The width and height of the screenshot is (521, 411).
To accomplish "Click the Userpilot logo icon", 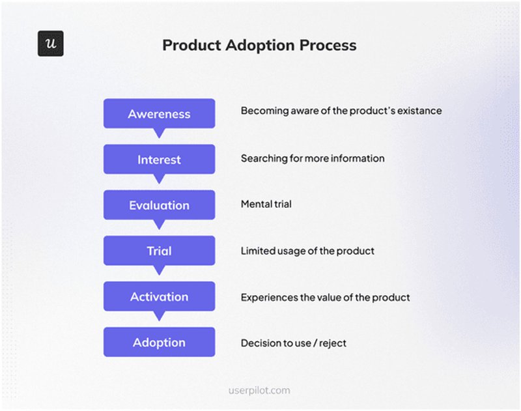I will pos(50,44).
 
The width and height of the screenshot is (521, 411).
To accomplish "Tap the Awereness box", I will pos(159,113).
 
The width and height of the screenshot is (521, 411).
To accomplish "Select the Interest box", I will pos(159,160).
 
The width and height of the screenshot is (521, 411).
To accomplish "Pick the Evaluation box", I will pos(159,205).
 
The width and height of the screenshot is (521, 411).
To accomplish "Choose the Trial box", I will pos(159,251).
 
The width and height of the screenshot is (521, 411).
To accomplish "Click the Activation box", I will pos(159,296).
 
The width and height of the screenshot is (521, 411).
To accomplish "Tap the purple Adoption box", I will pos(159,343).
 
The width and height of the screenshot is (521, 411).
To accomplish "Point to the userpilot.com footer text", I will pos(259,390).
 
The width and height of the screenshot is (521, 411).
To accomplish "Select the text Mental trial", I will pos(266,204).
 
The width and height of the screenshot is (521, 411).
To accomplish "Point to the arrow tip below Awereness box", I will pos(159,134).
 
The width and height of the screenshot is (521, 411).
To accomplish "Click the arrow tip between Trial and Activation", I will pos(159,272).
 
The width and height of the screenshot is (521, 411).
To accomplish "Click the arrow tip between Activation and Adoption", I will pos(159,317).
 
